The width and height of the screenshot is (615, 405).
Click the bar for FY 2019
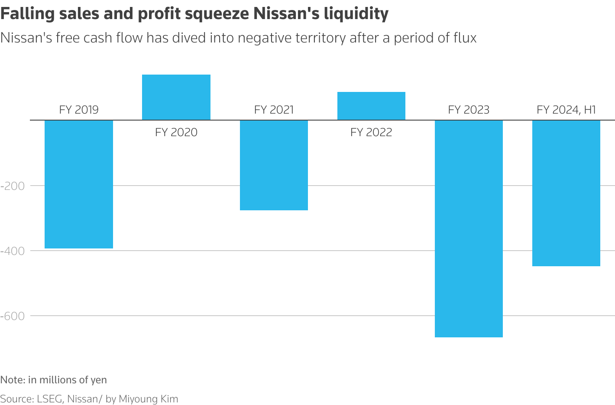pos(79,184)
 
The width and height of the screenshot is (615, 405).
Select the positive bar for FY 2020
pos(176,97)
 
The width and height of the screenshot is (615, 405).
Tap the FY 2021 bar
pos(274,165)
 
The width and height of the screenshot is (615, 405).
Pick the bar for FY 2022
pos(371,106)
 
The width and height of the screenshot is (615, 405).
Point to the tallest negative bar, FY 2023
pos(469,228)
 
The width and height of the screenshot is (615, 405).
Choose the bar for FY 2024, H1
pos(566,193)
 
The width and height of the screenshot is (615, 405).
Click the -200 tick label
pos(13,186)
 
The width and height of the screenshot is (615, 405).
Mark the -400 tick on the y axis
pos(13,251)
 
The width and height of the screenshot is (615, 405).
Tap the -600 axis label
pos(13,316)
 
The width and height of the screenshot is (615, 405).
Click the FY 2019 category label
pos(79,110)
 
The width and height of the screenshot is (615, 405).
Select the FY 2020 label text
pos(176,132)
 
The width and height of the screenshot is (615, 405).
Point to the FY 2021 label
pos(274,110)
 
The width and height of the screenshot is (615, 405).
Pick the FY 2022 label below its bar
pos(371,132)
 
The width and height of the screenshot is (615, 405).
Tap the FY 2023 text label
pos(469,110)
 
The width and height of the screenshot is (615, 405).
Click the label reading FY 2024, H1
pos(566,110)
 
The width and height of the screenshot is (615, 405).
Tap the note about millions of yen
pos(53,380)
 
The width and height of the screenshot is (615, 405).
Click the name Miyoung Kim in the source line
pos(148,399)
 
